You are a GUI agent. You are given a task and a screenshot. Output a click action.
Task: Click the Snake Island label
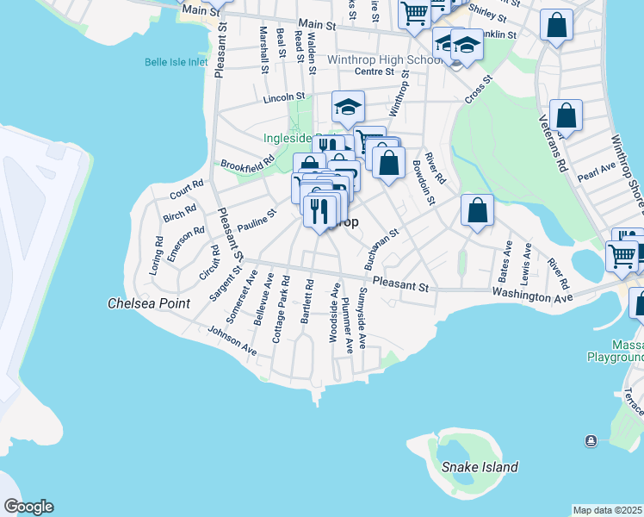click(x=480, y=467)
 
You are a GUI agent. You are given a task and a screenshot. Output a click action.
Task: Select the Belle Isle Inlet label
click(x=176, y=62)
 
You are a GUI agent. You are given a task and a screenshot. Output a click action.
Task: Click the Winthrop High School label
click(x=385, y=60)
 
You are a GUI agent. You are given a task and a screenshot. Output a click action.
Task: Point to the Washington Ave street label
click(x=532, y=296)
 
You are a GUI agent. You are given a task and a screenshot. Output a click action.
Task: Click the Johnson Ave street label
click(x=232, y=339)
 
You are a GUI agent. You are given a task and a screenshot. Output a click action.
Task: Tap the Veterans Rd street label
click(x=554, y=143)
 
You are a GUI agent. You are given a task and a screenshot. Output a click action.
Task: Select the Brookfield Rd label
click(x=247, y=161)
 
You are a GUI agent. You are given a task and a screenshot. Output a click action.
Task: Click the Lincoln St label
click(x=284, y=97)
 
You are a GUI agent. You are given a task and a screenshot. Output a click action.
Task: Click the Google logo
click(x=28, y=507)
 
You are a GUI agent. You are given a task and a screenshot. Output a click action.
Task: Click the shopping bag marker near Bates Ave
click(x=477, y=210)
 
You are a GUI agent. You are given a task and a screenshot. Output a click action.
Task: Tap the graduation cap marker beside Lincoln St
click(x=348, y=108)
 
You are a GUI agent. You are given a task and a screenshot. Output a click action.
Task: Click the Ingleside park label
click(x=290, y=138)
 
